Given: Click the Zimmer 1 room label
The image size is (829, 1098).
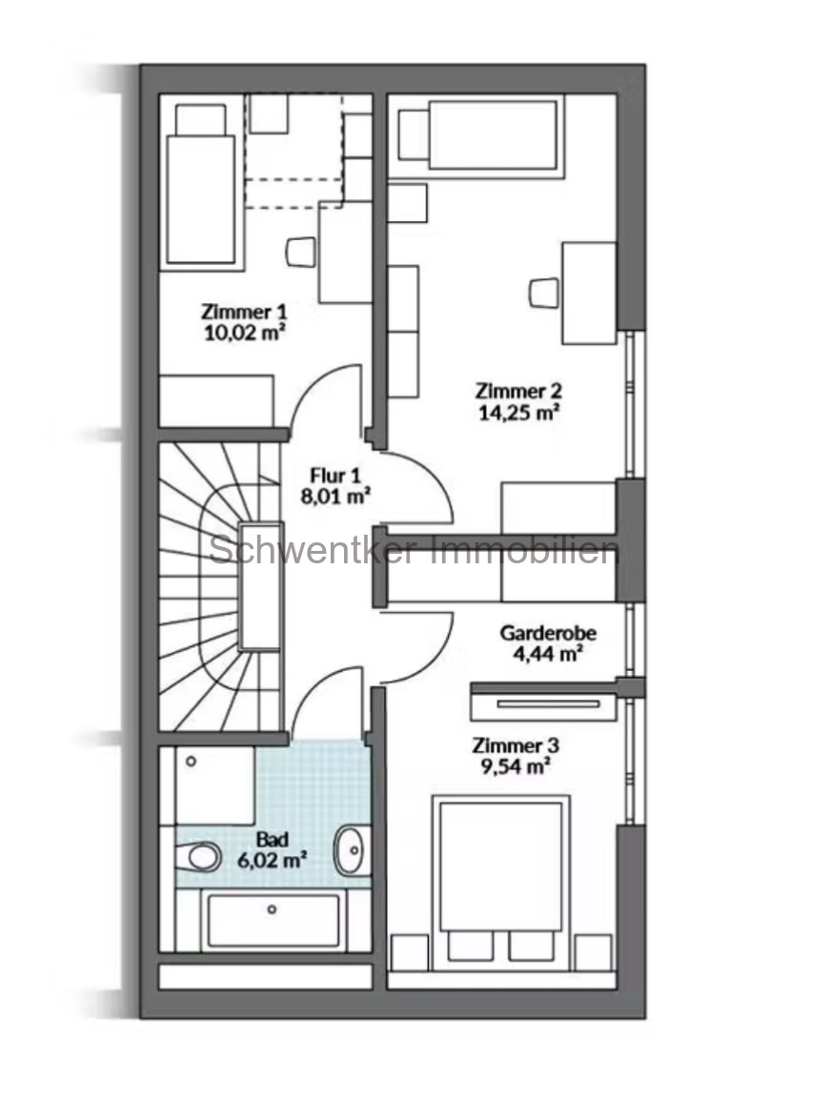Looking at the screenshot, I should click(x=244, y=311).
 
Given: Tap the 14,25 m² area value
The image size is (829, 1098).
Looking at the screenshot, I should click(x=517, y=413).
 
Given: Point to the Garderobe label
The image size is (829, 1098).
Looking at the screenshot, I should click(x=541, y=633).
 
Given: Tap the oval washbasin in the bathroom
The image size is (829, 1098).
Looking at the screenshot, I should click(x=351, y=848).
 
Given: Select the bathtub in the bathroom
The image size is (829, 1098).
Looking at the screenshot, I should click(x=273, y=921).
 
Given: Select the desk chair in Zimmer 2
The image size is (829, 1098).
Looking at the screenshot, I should click(x=542, y=291).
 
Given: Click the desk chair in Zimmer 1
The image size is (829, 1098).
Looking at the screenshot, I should click(x=300, y=251).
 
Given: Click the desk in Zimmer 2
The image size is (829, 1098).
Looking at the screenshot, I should click(x=589, y=293).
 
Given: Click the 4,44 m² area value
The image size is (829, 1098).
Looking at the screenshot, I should click(x=541, y=653).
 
